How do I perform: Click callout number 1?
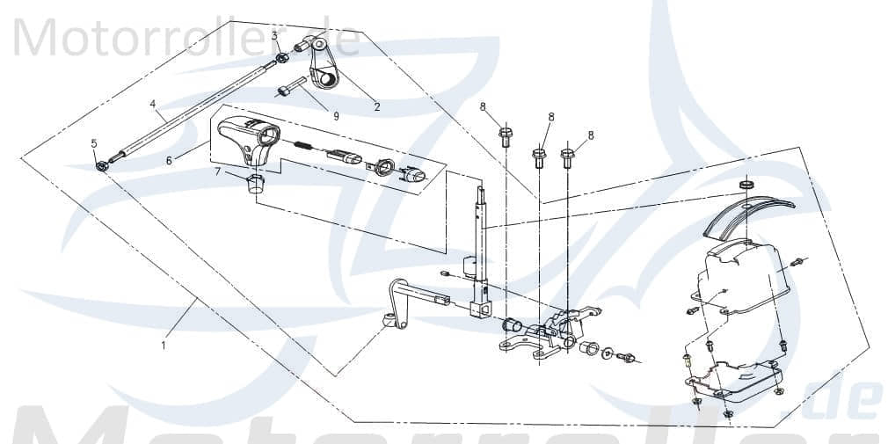(x=163, y=346)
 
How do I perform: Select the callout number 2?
(x=377, y=107)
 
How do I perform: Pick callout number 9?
(x=334, y=115)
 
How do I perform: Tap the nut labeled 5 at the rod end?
(x=103, y=164)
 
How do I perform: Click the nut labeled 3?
(x=282, y=59)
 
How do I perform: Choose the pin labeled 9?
(x=290, y=89)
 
